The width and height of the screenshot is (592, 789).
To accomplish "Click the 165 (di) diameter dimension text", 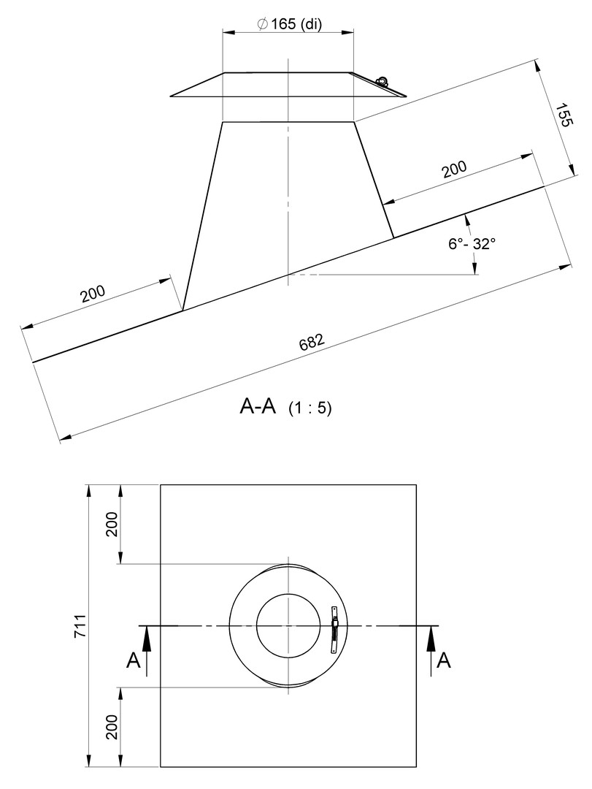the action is pyautogui.click(x=289, y=23).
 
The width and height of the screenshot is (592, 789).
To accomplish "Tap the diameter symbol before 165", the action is pyautogui.click(x=261, y=24).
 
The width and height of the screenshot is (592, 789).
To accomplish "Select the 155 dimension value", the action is pyautogui.click(x=564, y=115).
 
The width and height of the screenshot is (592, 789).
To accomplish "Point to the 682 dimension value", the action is pyautogui.click(x=312, y=342).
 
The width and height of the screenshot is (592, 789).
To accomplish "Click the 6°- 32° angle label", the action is pyautogui.click(x=472, y=243).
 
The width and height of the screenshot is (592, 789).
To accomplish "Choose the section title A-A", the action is pyautogui.click(x=258, y=407).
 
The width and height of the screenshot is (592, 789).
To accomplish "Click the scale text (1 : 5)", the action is pyautogui.click(x=310, y=408).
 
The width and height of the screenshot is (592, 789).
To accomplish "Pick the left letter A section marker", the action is pyautogui.click(x=134, y=660).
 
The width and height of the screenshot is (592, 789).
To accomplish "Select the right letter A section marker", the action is pyautogui.click(x=444, y=660).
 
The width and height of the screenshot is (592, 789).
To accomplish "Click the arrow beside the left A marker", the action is pyautogui.click(x=147, y=650).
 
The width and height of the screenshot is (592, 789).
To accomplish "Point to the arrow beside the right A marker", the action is pyautogui.click(x=431, y=650).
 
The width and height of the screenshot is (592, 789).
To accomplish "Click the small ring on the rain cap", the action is pyautogui.click(x=381, y=80).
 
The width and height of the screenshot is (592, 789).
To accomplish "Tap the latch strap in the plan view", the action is pyautogui.click(x=334, y=630).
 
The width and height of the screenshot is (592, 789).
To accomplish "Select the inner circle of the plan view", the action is pyautogui.click(x=288, y=625).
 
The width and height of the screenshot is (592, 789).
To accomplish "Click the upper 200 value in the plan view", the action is pyautogui.click(x=112, y=524).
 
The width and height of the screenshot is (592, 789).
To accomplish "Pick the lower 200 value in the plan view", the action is pyautogui.click(x=112, y=727).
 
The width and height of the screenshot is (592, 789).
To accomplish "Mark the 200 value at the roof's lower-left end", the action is pyautogui.click(x=93, y=293).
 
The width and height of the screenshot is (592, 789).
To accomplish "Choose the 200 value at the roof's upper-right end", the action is pyautogui.click(x=454, y=169).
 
